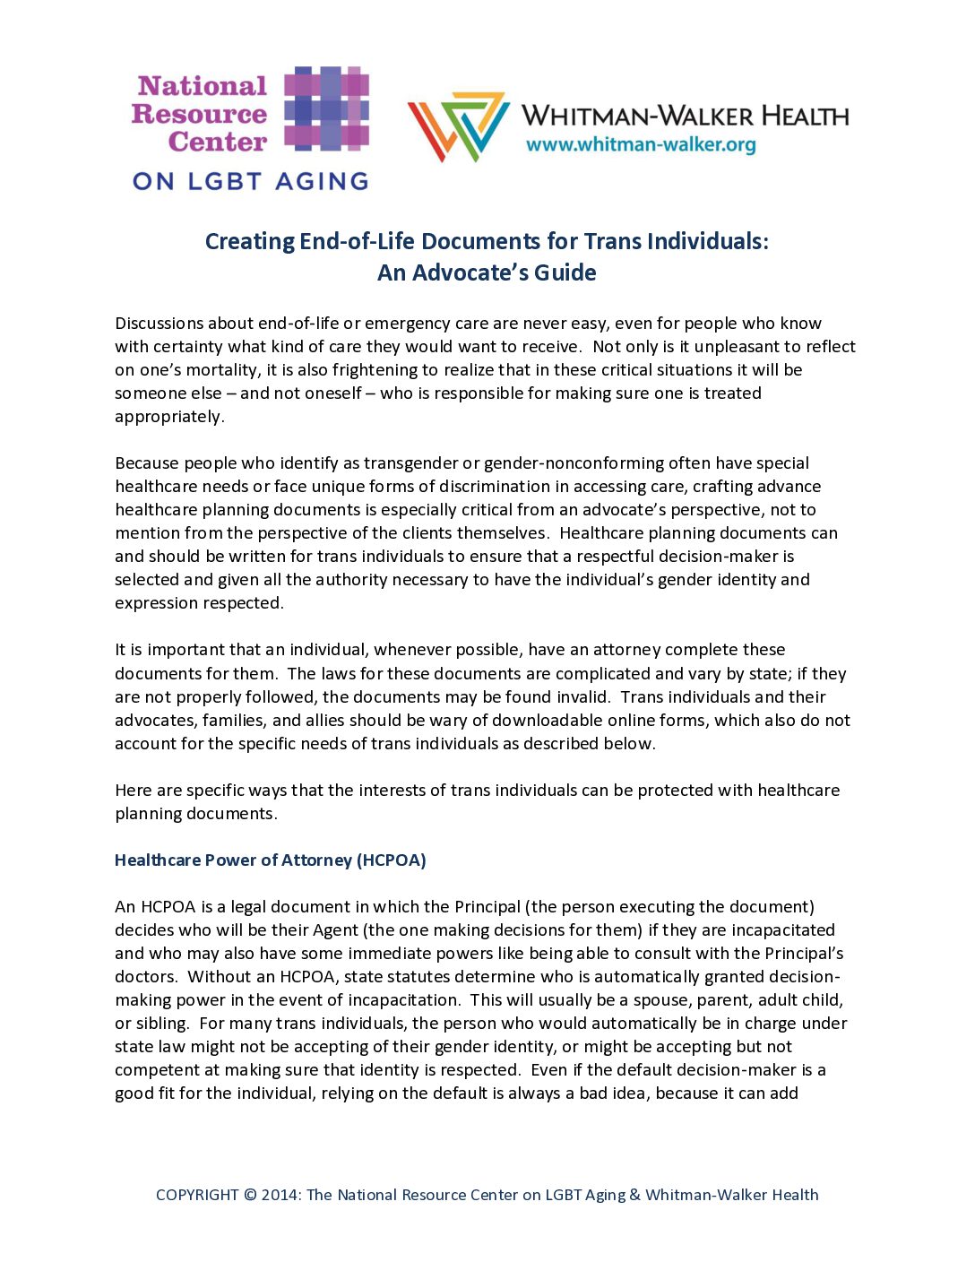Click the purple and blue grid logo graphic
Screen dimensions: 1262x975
[327, 108]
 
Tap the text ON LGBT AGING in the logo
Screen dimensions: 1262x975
[251, 181]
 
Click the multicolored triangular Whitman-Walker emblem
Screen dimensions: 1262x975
[458, 125]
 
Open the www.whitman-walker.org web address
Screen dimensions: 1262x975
[641, 145]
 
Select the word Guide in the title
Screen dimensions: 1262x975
[565, 272]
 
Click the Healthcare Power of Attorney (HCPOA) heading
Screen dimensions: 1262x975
[271, 860]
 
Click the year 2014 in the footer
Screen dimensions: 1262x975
[280, 1195]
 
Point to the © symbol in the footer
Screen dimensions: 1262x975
[250, 1195]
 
